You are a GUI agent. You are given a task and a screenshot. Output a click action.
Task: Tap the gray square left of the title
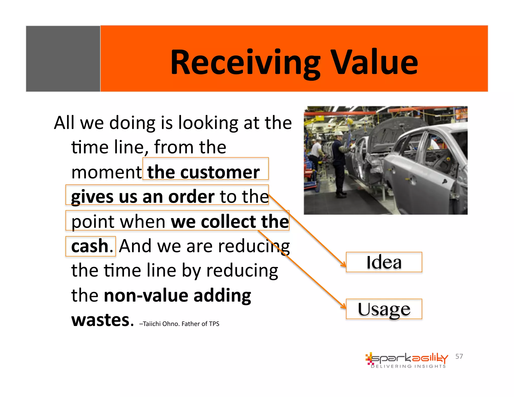(63, 59)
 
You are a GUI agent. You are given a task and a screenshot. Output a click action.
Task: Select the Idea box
(384, 262)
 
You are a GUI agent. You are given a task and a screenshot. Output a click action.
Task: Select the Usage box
(384, 309)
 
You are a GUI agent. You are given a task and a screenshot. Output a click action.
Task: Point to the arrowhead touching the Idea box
(343, 264)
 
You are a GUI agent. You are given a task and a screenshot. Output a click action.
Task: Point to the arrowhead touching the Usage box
(343, 306)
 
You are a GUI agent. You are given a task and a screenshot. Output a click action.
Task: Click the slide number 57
(459, 356)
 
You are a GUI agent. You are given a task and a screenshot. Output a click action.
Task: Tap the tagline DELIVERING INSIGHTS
(408, 366)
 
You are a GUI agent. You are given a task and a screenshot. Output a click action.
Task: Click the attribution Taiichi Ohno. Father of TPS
(179, 324)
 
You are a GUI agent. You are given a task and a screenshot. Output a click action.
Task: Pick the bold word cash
(90, 246)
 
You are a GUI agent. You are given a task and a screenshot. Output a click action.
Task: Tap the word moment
(107, 172)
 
